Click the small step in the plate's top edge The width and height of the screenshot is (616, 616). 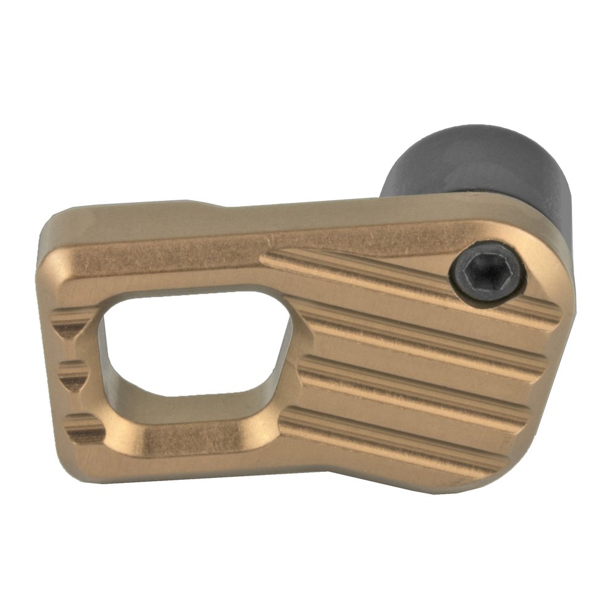[203, 203]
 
